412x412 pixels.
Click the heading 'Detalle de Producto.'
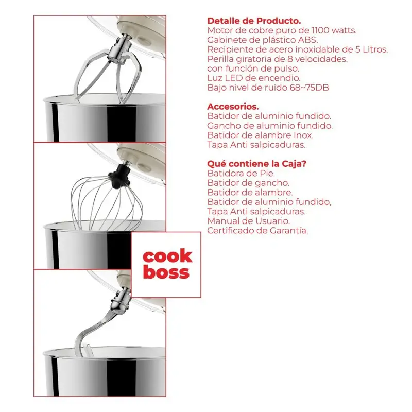[x=254, y=21]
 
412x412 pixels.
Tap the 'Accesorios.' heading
[x=233, y=107]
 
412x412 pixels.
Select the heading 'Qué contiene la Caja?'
[x=256, y=164]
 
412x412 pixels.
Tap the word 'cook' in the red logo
[x=168, y=256]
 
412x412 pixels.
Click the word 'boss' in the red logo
[x=166, y=272]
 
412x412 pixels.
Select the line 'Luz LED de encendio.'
[x=254, y=78]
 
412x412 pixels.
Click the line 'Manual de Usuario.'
[x=249, y=221]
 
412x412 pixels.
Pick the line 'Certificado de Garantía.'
[x=257, y=230]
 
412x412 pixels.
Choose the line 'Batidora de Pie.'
[x=241, y=174]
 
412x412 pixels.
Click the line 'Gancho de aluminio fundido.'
[x=270, y=126]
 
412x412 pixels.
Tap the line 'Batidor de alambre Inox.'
[x=260, y=135]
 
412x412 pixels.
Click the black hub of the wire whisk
[x=119, y=176]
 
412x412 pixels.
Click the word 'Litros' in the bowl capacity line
[x=375, y=49]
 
